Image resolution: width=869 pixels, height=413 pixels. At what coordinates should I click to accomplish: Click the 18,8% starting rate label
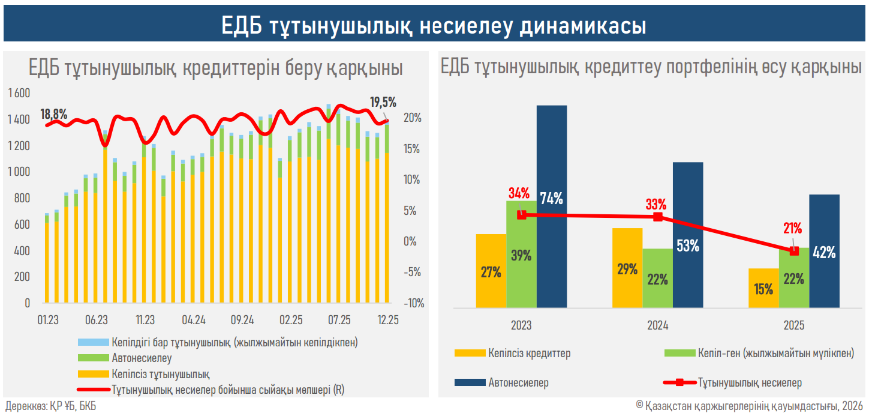click(54, 114)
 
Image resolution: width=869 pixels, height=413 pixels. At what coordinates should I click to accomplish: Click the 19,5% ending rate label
click(383, 102)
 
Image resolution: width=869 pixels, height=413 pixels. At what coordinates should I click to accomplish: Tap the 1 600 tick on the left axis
click(19, 94)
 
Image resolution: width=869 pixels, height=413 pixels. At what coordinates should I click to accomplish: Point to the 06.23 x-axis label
click(97, 319)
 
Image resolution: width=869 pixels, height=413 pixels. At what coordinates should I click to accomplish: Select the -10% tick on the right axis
click(413, 303)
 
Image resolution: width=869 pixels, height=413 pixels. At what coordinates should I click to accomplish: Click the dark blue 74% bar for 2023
click(551, 206)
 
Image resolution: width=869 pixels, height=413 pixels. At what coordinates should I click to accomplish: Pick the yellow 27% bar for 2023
click(491, 271)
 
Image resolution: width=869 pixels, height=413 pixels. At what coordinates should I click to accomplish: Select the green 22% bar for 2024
click(657, 279)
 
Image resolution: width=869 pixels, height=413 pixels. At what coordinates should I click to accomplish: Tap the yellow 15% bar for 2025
click(763, 288)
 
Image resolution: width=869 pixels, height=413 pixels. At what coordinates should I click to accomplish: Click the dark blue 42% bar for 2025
click(823, 252)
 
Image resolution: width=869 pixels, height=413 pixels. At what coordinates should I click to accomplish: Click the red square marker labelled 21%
click(794, 251)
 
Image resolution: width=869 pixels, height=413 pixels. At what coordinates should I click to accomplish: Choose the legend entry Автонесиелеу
click(142, 359)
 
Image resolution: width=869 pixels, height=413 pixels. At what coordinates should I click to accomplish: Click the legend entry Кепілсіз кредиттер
click(529, 354)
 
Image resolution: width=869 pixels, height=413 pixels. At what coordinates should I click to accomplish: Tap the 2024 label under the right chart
click(658, 326)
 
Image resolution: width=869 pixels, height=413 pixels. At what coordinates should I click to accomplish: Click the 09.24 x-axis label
click(242, 319)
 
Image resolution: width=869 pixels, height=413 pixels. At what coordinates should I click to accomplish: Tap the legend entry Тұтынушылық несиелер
click(750, 382)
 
